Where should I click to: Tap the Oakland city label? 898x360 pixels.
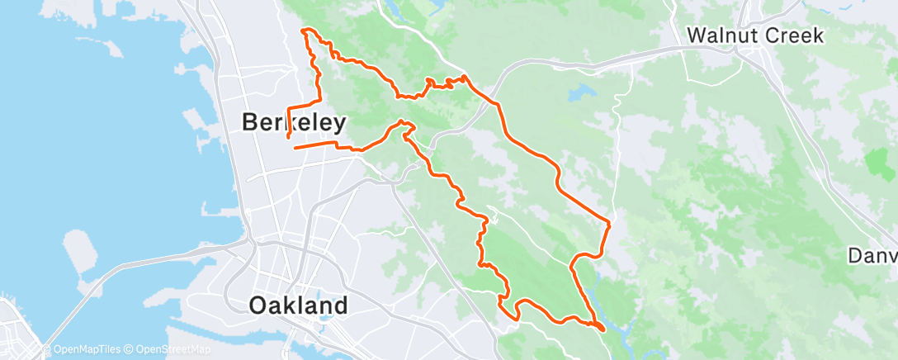298,306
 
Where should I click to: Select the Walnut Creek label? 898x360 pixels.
755,36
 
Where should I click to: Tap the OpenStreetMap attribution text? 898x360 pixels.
170,349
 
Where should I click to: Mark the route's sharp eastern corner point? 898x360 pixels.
609,222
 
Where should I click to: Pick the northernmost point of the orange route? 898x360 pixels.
308,30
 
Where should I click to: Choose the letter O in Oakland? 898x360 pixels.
259,306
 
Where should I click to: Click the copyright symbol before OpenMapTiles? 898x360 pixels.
48,349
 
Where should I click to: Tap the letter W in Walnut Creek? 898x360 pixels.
697,36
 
